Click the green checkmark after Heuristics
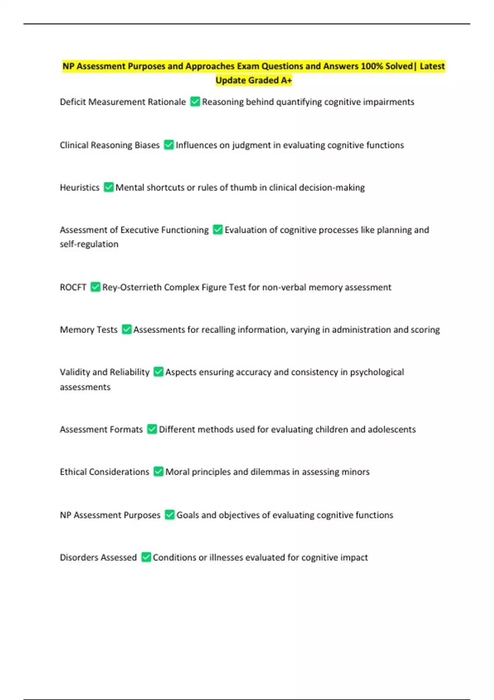[108, 187]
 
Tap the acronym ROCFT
[73, 287]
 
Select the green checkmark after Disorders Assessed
[146, 557]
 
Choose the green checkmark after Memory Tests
[126, 329]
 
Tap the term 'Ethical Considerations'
[105, 472]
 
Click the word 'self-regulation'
[89, 244]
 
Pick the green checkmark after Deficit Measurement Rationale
[195, 102]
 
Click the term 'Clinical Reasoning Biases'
[110, 145]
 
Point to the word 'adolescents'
[391, 429]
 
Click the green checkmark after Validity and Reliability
[158, 372]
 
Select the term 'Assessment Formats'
[101, 429]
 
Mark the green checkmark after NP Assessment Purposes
[169, 515]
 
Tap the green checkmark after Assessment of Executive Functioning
[217, 230]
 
